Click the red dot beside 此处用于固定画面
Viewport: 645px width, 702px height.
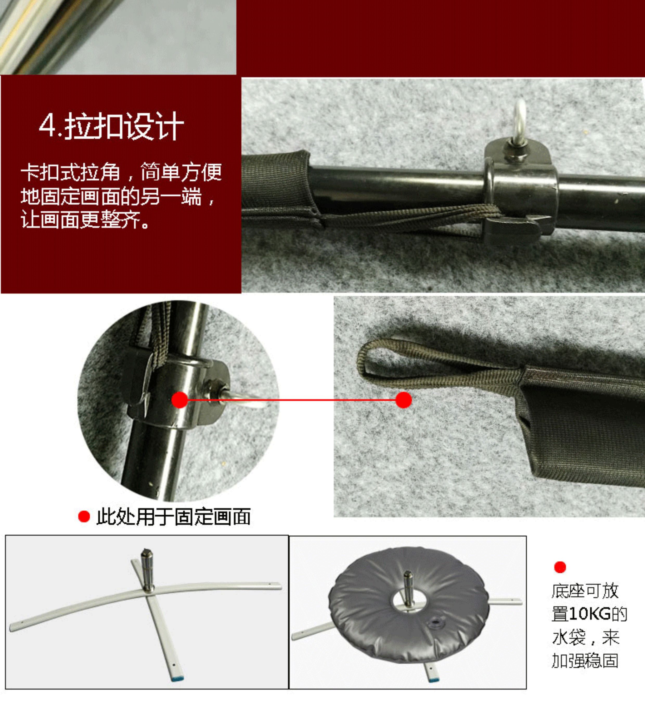84,516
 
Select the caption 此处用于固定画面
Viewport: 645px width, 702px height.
173,517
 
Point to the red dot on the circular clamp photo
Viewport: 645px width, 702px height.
180,400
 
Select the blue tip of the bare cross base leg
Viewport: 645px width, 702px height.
178,679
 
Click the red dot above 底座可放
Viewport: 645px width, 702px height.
560,567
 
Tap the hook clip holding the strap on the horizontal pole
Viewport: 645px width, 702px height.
511,229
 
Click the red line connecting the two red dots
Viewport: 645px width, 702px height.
292,400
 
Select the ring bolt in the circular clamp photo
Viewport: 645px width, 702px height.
241,398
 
